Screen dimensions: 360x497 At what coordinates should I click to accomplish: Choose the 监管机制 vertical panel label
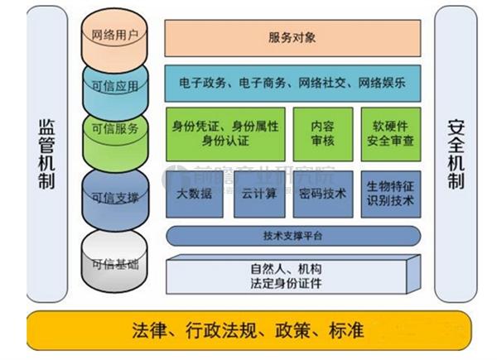[46, 155]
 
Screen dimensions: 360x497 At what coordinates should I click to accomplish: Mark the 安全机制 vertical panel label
[456, 155]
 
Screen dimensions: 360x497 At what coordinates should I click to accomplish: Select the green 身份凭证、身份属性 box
[224, 132]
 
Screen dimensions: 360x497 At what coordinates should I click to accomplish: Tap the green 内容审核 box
[321, 132]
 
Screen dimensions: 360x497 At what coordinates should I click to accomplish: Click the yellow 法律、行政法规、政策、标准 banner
[248, 331]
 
